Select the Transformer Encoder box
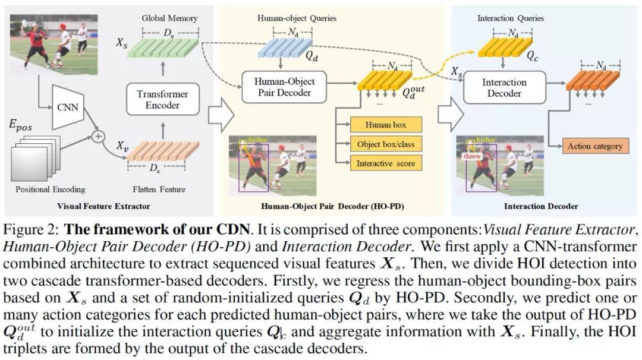(x=162, y=99)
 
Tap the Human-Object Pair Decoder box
(x=284, y=87)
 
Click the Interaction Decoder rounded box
(x=504, y=88)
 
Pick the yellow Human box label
(x=386, y=125)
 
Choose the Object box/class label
(x=386, y=144)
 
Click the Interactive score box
(x=386, y=163)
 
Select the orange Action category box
(x=594, y=146)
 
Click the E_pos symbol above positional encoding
(x=20, y=125)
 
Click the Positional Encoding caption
(x=50, y=190)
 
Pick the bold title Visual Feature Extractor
(x=103, y=206)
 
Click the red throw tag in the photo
(x=472, y=156)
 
